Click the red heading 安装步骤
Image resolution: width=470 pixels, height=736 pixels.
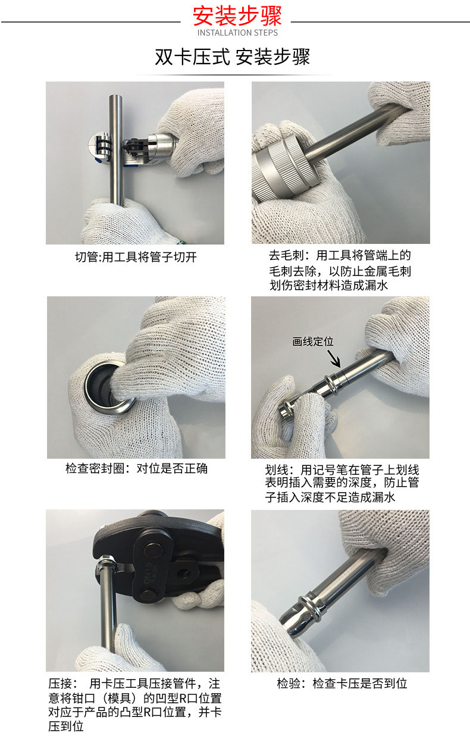click(x=237, y=16)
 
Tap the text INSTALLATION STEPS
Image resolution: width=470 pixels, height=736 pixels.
click(x=237, y=33)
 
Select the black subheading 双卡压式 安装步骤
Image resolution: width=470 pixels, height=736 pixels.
click(x=232, y=57)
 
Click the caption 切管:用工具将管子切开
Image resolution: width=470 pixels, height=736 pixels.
click(x=136, y=257)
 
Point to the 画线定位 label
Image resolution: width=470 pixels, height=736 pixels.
click(x=313, y=342)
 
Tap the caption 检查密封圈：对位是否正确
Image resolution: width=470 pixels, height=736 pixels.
click(x=136, y=468)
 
